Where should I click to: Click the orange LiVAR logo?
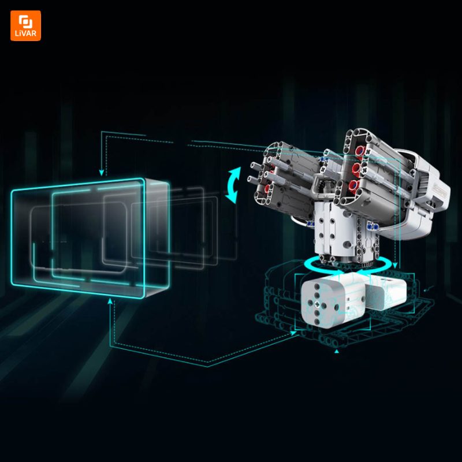25,25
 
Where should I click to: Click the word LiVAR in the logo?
25,33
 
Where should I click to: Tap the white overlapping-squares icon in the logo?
25,21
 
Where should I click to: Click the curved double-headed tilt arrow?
233,185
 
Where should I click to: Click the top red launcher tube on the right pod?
360,151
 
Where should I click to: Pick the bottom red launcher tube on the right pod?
353,185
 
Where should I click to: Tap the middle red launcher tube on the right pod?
356,168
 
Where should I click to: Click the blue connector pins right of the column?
372,227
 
